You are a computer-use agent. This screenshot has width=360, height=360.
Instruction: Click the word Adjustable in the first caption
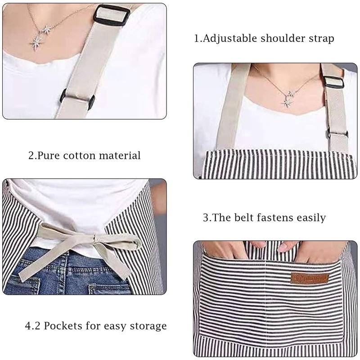(x=229, y=38)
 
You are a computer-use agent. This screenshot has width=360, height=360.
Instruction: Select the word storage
(x=147, y=326)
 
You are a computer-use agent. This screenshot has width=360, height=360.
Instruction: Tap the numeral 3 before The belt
(x=206, y=218)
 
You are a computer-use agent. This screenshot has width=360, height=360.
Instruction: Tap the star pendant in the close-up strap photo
(x=36, y=43)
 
